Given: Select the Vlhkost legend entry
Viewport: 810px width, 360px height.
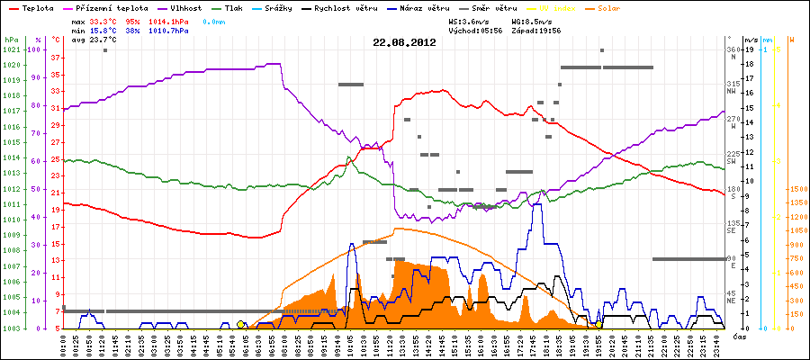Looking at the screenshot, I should [186, 7].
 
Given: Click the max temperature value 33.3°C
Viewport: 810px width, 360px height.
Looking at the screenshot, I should [103, 20].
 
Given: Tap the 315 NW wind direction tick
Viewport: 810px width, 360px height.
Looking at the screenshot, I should [733, 86].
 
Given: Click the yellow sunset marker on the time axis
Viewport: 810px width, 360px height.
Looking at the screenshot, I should [598, 324].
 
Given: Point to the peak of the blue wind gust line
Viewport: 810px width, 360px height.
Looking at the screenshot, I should [537, 205].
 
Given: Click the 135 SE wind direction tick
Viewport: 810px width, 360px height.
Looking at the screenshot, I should [733, 226].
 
